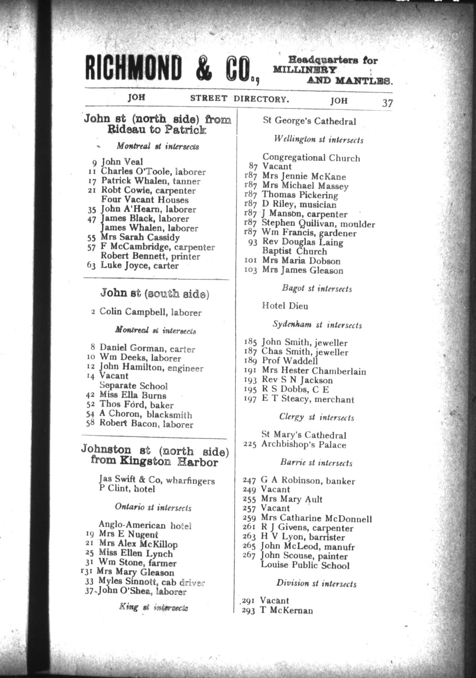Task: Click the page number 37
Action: (387, 103)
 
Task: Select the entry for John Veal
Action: (122, 162)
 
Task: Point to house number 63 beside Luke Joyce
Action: (91, 266)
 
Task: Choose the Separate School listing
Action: (133, 386)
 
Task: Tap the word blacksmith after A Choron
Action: (169, 415)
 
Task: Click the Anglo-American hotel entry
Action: (145, 525)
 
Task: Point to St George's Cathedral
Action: (309, 121)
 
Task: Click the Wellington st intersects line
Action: (318, 140)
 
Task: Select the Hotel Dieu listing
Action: (285, 306)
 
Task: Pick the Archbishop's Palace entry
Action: (303, 445)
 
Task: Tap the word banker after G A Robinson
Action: (340, 481)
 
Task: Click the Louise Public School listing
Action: (305, 566)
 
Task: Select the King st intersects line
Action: (153, 608)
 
